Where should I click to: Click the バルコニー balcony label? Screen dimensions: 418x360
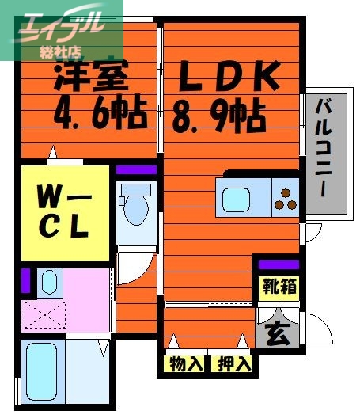324,150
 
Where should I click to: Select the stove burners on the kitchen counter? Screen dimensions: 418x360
285,197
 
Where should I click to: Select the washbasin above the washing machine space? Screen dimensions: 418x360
49,282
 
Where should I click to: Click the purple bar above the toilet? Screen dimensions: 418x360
137,169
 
